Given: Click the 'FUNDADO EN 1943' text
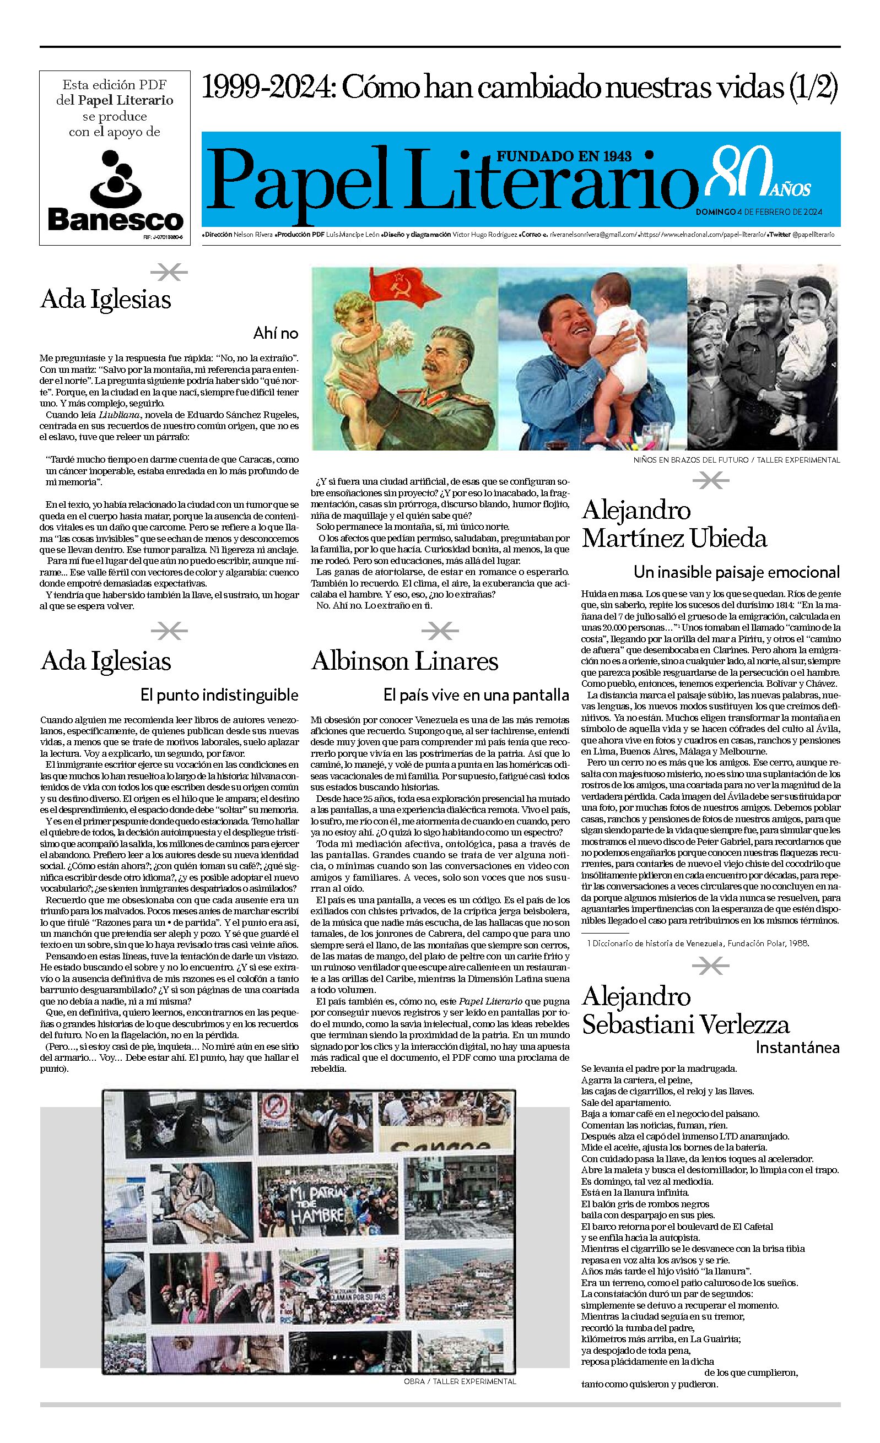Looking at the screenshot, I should (x=564, y=156).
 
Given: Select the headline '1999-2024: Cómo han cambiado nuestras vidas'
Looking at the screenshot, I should (x=519, y=89).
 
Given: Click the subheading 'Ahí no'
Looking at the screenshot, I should (x=276, y=334).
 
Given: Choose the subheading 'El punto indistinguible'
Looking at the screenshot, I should (x=219, y=695).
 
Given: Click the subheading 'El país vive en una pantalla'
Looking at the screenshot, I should (x=476, y=695).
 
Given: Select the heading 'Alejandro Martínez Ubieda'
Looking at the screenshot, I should (x=674, y=524).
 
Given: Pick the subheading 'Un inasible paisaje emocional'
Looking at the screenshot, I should (x=737, y=572).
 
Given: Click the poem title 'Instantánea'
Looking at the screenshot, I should (x=797, y=1047).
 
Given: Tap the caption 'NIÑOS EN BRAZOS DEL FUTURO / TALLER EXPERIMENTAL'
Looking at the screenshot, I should (x=737, y=460).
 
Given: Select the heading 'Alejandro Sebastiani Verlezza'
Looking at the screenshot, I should (x=685, y=1011).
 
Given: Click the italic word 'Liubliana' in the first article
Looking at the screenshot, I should (x=111, y=415).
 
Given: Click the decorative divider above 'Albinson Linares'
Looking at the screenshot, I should (x=440, y=631).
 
